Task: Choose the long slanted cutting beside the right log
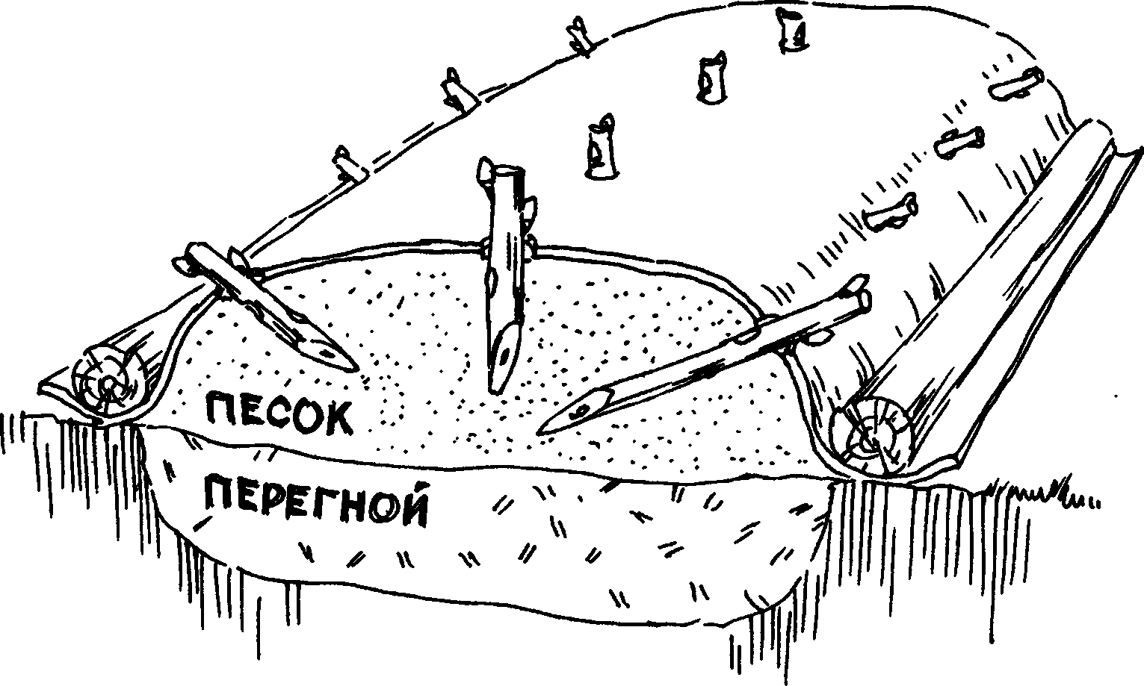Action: point(710,355)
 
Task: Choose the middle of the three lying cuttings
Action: point(960,142)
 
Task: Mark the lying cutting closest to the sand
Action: point(889,213)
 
